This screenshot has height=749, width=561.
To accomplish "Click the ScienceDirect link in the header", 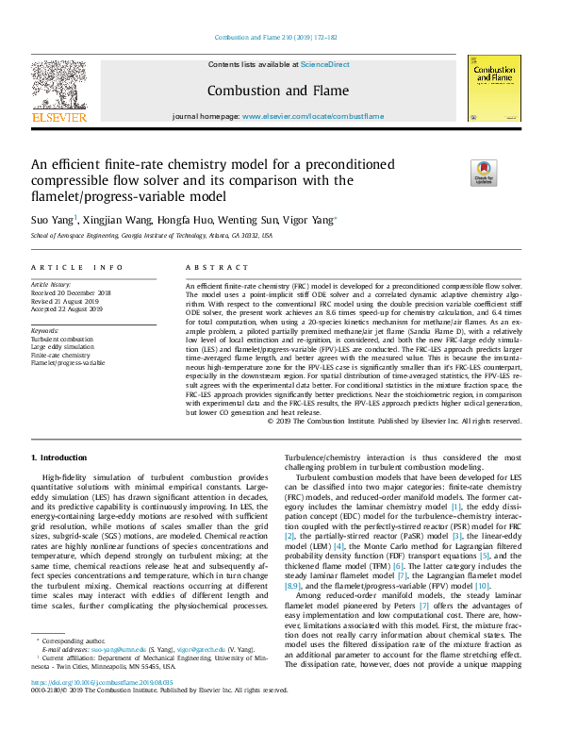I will click(325, 65).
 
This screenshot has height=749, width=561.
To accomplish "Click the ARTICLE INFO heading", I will click(76, 268).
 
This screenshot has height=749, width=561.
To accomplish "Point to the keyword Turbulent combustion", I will click(62, 338).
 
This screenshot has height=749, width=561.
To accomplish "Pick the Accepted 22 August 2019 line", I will click(69, 307).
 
